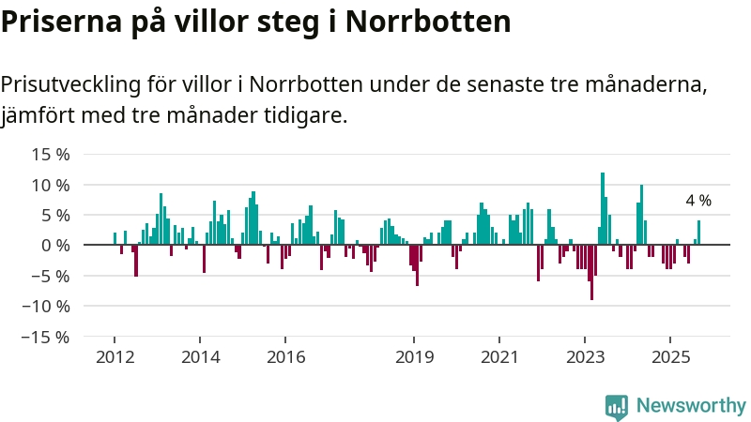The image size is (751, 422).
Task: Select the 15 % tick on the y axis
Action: pos(50,155)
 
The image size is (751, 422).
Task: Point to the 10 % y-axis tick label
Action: pos(50,185)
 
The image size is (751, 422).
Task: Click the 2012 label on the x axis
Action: pos(115,357)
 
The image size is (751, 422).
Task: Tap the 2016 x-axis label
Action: pos(285,357)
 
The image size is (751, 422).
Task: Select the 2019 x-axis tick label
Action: pos(414,357)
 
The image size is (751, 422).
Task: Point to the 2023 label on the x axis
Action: pos(585,357)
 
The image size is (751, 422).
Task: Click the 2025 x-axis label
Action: pos(670,357)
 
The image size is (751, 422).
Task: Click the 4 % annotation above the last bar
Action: pos(698,201)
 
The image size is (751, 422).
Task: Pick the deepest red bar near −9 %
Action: pos(591,272)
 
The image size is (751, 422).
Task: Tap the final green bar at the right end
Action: pos(698,233)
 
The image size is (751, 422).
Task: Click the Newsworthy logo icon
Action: pos(617,405)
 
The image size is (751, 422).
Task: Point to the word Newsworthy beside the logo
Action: pos(691,405)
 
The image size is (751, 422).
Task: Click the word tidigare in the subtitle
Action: pos(309,116)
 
